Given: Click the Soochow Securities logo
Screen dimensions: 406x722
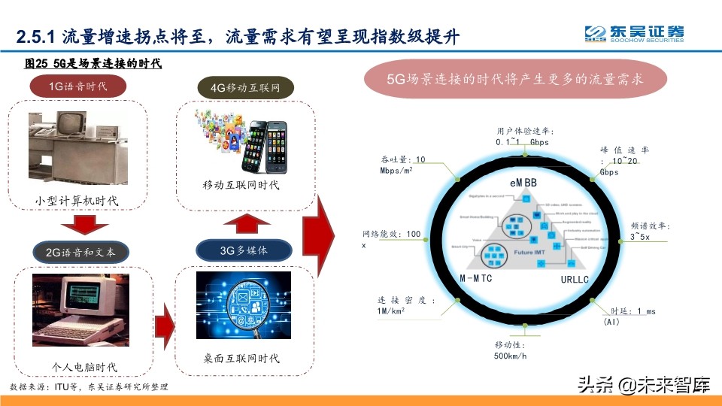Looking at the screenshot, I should point(635,34).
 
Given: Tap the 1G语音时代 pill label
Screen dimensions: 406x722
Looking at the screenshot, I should point(78,86).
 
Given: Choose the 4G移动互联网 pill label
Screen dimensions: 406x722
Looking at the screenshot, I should point(245,88).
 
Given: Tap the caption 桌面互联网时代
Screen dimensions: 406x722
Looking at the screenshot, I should point(242,359).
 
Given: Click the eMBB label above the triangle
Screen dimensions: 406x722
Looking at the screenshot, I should point(516,183).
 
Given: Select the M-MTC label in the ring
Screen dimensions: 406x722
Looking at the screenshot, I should point(475,279).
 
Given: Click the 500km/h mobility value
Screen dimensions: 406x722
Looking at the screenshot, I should point(511,356).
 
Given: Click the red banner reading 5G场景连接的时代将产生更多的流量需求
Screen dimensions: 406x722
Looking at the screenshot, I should point(515,79).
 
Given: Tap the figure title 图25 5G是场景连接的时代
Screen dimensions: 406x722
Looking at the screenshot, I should point(93,64).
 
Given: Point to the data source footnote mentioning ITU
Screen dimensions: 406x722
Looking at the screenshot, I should point(89,386).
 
